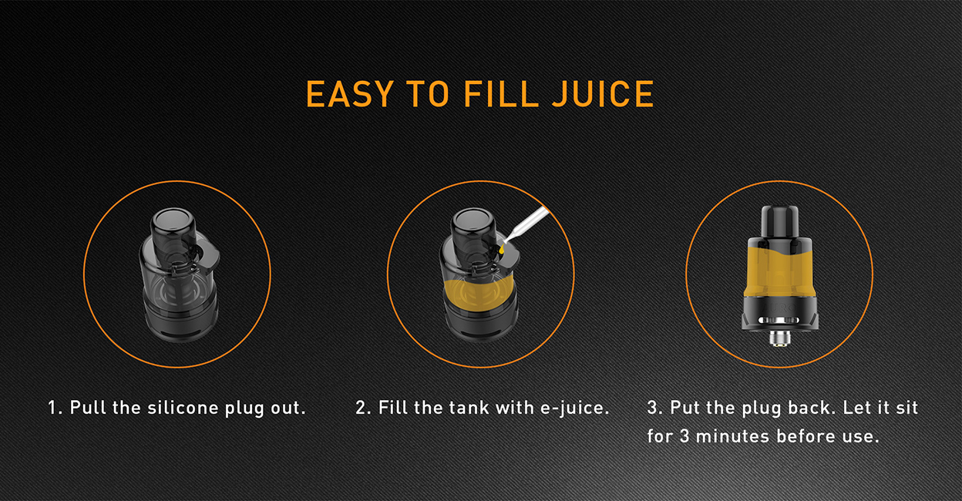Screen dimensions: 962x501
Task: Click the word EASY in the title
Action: click(x=349, y=93)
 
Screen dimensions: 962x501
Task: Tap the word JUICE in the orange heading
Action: click(x=603, y=93)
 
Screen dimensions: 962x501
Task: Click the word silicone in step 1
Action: click(x=183, y=408)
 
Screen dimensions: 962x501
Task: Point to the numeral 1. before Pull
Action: click(x=55, y=408)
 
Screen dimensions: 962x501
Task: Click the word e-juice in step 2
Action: click(x=574, y=408)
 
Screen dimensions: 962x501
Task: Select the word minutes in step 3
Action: click(x=732, y=436)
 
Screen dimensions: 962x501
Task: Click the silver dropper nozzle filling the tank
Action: click(x=526, y=224)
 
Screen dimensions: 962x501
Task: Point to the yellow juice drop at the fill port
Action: click(x=503, y=249)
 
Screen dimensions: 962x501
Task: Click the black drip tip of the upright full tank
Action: click(x=779, y=221)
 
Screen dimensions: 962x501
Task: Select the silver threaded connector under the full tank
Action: click(x=779, y=338)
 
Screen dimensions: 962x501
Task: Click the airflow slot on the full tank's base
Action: click(x=779, y=320)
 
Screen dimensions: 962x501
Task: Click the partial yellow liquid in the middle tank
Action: click(x=478, y=293)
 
